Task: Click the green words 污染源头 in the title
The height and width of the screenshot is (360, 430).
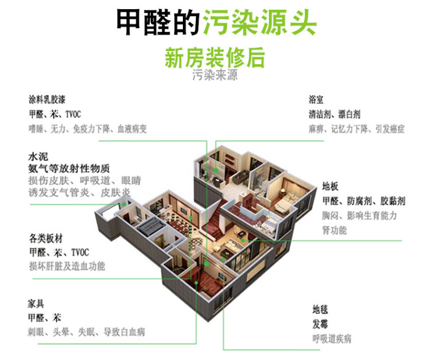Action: [259, 22]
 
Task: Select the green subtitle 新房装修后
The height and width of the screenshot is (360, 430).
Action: [215, 58]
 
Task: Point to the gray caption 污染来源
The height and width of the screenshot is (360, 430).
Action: [215, 75]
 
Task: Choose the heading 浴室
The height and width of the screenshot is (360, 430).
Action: [317, 99]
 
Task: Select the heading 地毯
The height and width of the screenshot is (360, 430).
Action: [320, 310]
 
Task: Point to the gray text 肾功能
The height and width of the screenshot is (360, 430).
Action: [334, 230]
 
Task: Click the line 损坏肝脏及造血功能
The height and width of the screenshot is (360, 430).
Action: [67, 266]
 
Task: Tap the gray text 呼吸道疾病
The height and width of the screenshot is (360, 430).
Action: [332, 339]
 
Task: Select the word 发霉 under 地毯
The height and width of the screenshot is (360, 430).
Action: [320, 324]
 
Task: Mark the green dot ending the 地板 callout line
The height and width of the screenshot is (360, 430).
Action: [243, 240]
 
